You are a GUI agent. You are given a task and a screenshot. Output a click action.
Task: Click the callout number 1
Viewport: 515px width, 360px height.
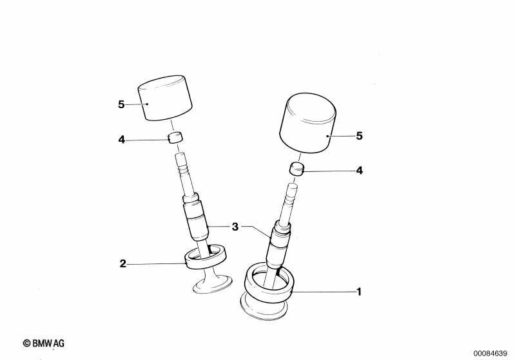tap(359, 292)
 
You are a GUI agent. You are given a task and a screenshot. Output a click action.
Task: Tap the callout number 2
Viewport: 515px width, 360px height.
tap(122, 263)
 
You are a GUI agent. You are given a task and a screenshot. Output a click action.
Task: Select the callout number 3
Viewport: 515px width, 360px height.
tap(235, 227)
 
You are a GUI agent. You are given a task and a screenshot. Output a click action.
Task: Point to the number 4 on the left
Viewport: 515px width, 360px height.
tap(121, 139)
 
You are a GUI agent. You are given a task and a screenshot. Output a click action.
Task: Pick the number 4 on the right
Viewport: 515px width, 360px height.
tap(359, 171)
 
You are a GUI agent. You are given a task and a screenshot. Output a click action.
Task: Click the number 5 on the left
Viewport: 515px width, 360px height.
tap(121, 104)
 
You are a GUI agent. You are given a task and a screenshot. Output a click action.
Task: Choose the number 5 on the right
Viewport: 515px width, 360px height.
tap(359, 136)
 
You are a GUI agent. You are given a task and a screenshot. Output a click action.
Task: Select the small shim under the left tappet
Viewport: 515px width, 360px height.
tap(175, 137)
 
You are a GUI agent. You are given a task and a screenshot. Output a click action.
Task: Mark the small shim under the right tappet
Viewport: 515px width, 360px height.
tap(296, 169)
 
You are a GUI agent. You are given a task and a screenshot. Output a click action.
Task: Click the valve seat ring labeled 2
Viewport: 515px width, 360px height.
tap(206, 258)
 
